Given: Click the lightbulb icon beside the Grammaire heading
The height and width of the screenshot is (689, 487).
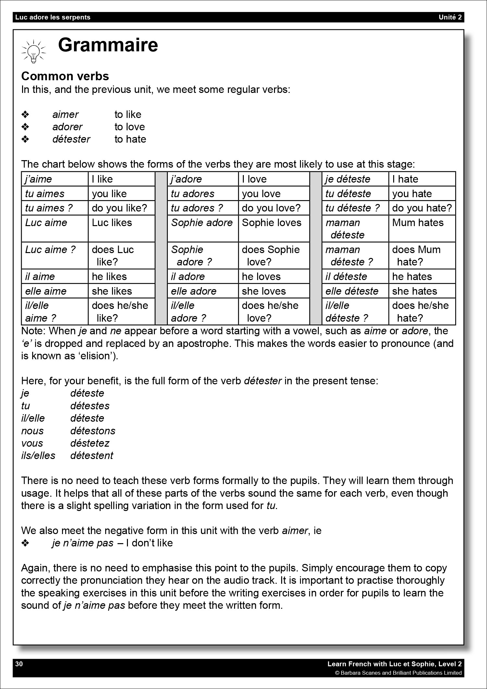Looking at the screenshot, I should click(33, 51).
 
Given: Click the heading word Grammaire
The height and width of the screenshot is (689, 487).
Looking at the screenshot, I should click(108, 45).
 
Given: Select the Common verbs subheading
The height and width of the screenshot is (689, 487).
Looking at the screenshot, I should click(65, 76).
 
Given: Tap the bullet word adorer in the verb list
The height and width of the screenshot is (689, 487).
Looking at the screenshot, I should click(68, 127).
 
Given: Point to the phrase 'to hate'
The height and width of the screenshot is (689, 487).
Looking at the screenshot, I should click(130, 139).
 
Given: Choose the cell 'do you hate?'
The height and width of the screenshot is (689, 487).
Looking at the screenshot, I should click(422, 208).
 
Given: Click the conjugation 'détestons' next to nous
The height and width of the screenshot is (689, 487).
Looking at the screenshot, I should click(93, 431).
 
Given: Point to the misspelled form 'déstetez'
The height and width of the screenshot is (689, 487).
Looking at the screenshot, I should click(90, 443).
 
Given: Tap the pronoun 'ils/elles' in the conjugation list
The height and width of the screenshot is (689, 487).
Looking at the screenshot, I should click(38, 455).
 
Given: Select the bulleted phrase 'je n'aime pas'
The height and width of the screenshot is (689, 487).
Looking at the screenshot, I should click(83, 543).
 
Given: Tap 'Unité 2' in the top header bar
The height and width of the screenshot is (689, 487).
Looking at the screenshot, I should click(450, 17).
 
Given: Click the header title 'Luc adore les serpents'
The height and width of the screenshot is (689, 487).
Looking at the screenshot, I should click(53, 17).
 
